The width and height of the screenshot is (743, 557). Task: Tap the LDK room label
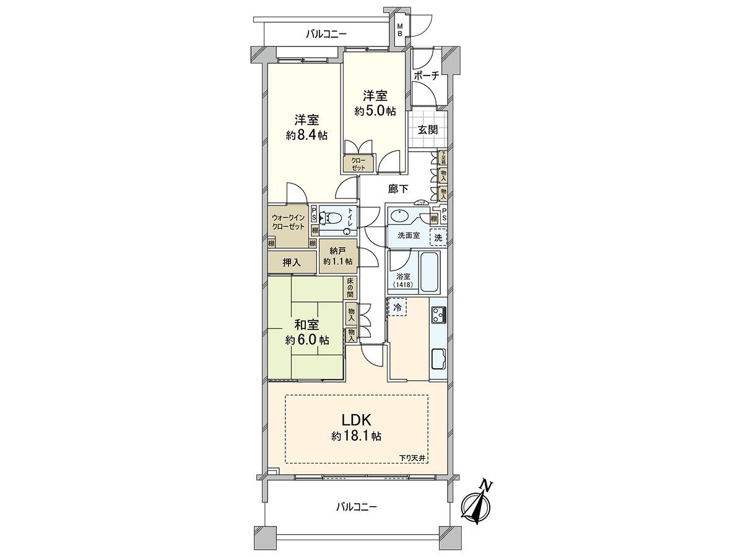coord(356,418)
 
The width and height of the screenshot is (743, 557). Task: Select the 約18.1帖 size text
coord(356,436)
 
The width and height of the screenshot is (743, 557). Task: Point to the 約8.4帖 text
coord(306,136)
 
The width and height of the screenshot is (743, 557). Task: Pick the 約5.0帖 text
coord(375,111)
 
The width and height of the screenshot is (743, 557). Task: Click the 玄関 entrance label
coord(427,130)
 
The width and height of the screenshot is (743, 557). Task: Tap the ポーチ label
coord(427,76)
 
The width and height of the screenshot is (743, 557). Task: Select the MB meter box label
coord(400,30)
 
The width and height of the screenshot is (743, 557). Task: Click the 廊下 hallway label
coord(399,189)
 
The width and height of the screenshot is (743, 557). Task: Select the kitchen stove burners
coord(438,315)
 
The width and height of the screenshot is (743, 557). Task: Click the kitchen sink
coord(438,358)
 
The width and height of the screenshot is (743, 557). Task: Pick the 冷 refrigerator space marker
coord(397,306)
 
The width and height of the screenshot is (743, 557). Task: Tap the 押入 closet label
coord(291,262)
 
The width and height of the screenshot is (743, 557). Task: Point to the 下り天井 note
coord(412,457)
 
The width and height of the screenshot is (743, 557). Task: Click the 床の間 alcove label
coord(350,288)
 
